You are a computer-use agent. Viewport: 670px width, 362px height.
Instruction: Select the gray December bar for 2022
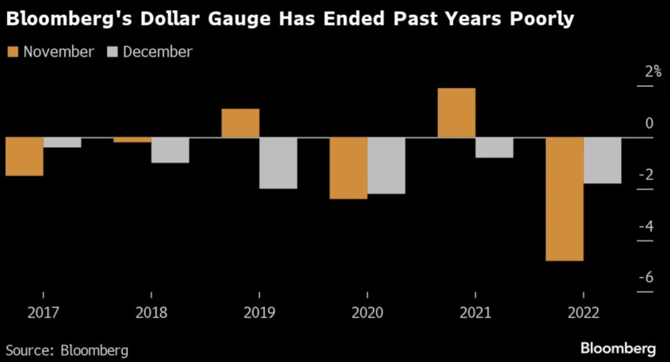tap(602, 160)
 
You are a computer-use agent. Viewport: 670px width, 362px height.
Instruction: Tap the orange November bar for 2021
tap(456, 112)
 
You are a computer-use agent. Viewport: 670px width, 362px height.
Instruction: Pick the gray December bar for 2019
tap(278, 163)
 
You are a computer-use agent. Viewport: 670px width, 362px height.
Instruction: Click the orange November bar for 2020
tap(348, 168)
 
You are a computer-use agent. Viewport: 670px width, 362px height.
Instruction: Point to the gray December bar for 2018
tap(170, 150)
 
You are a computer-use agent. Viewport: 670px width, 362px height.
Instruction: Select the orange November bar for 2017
tap(24, 156)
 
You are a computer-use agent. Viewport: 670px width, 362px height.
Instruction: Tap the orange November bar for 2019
tap(240, 123)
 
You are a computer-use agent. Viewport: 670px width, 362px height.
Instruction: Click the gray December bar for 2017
tap(62, 142)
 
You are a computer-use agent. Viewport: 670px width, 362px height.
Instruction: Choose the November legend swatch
tap(13, 52)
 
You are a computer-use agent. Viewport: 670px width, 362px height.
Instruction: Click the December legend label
tap(157, 52)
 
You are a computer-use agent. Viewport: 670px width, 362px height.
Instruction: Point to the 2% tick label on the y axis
tap(653, 72)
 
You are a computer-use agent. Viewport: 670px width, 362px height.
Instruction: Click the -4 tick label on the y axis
tap(646, 226)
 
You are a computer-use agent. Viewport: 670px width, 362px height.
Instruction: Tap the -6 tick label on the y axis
tap(646, 277)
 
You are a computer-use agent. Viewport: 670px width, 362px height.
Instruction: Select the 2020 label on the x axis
tap(367, 313)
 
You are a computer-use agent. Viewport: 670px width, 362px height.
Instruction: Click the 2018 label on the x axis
tap(151, 313)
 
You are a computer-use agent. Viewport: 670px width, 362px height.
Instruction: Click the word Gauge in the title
tap(239, 19)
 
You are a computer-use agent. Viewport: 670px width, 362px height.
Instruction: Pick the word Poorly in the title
tap(542, 19)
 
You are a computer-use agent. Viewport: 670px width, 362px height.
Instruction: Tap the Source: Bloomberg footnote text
tap(67, 350)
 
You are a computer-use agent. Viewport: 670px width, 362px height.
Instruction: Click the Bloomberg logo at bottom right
tap(618, 348)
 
